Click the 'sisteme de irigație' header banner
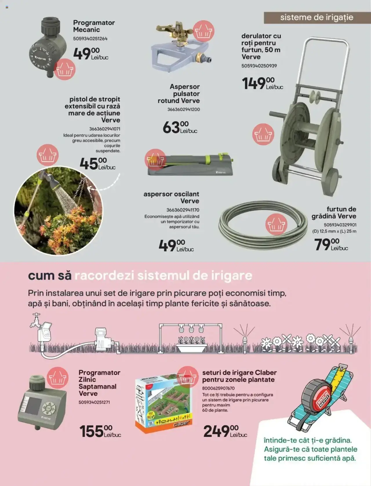pyautogui.click(x=317, y=17)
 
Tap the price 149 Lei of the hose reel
pyautogui.click(x=262, y=84)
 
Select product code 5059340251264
pyautogui.click(x=90, y=39)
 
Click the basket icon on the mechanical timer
pyautogui.click(x=65, y=69)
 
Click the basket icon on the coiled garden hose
pyautogui.click(x=276, y=224)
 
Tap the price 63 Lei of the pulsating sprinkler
pyautogui.click(x=180, y=127)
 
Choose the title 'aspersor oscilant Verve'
pyautogui.click(x=171, y=198)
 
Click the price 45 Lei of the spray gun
pyautogui.click(x=97, y=164)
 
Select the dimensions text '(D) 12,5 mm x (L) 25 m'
pyautogui.click(x=334, y=231)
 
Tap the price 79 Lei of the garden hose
pyautogui.click(x=331, y=244)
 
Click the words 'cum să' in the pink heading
pyautogui.click(x=50, y=275)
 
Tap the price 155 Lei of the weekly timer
pyautogui.click(x=100, y=431)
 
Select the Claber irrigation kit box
pyautogui.click(x=163, y=403)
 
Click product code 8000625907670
pyautogui.click(x=218, y=388)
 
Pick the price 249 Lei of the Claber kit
pyautogui.click(x=225, y=431)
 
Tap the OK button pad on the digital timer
pyautogui.click(x=49, y=408)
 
